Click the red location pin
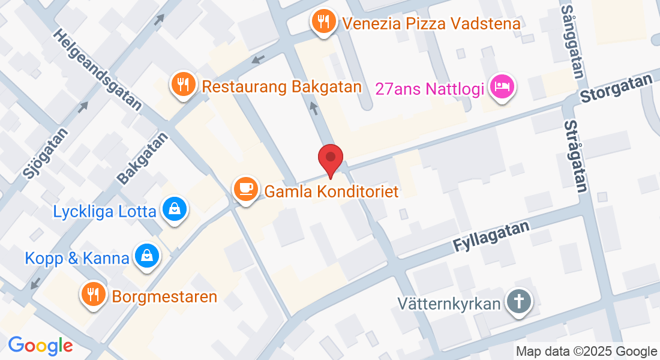coord(331,160)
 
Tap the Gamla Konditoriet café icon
coord(245,189)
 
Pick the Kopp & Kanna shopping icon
coord(146,257)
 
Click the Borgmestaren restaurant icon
coord(93,295)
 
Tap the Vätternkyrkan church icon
coord(518,302)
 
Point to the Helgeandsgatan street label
coord(98,70)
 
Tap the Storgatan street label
coord(616,88)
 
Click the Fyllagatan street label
coord(491,236)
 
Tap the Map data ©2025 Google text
coord(587,352)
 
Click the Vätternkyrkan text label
coord(449,303)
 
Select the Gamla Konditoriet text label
coord(332,191)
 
